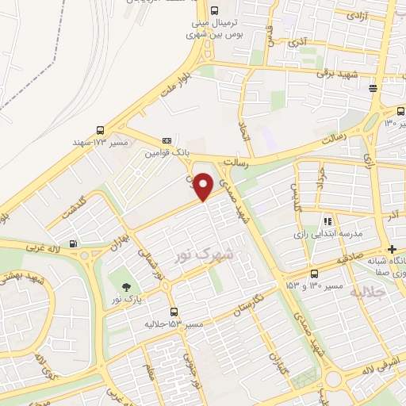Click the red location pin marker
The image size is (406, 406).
click(203, 186)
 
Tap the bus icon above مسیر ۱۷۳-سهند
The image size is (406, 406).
click(100, 129)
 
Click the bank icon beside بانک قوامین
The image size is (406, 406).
click(165, 139)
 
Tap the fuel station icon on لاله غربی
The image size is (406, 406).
click(73, 244)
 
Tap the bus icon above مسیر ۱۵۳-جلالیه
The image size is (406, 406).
click(174, 312)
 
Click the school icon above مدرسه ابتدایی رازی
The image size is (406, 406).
click(326, 221)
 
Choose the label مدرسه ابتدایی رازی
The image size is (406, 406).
click(326, 234)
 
